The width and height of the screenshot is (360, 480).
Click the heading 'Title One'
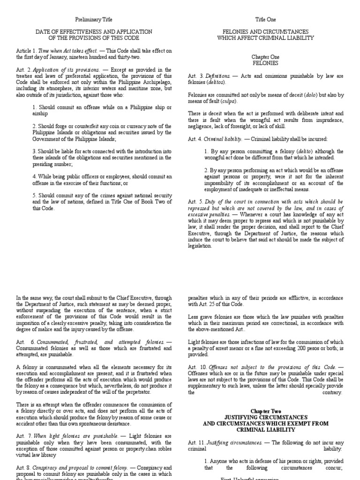point(265,20)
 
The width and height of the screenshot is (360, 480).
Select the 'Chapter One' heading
point(265,56)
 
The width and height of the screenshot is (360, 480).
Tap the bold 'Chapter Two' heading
point(265,411)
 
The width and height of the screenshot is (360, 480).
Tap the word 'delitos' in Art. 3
point(215,82)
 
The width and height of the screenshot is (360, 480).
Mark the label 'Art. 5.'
point(195,202)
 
